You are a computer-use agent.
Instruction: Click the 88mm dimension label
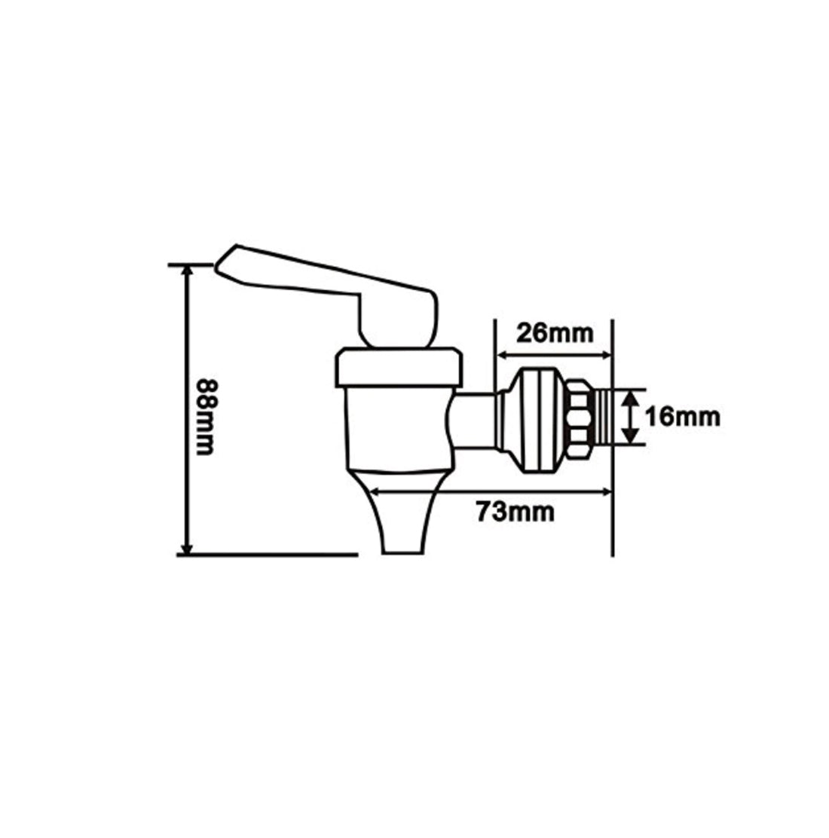pyautogui.click(x=206, y=413)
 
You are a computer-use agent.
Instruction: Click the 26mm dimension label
pyautogui.click(x=552, y=332)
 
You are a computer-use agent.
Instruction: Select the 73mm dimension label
pyautogui.click(x=515, y=512)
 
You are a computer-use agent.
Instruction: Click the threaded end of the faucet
pyautogui.click(x=602, y=416)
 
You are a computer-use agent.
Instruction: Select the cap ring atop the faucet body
pyautogui.click(x=396, y=367)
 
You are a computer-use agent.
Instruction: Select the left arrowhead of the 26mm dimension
pyautogui.click(x=500, y=355)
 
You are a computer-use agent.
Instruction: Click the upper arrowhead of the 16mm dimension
pyautogui.click(x=629, y=394)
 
